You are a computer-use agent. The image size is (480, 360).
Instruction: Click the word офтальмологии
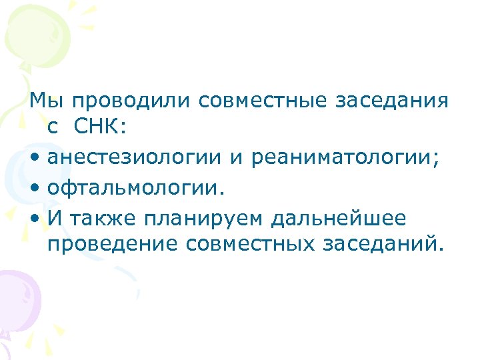tap(133, 187)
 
